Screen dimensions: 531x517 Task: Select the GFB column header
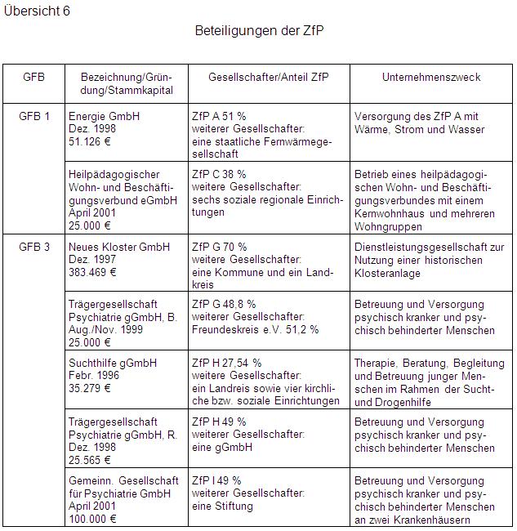[33, 78]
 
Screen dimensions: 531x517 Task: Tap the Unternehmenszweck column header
[431, 78]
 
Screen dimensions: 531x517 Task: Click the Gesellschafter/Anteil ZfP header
[269, 78]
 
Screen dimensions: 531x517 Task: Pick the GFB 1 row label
[34, 116]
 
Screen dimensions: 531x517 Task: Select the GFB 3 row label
[34, 246]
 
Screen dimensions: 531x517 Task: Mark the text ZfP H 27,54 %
[226, 363]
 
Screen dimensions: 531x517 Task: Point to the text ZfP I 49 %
[216, 480]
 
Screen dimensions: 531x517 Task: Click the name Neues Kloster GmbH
[119, 246]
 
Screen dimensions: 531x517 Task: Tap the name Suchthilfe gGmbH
[113, 363]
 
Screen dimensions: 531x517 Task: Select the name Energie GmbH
[104, 116]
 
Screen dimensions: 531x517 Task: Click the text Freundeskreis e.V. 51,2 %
[255, 330]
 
